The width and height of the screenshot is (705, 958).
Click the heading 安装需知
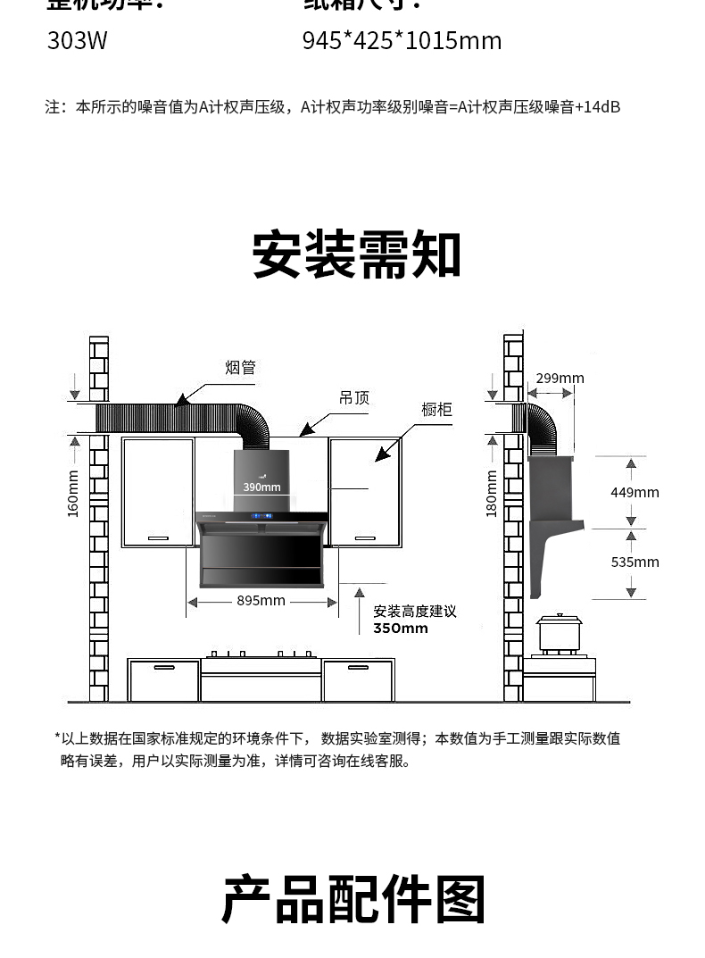click(x=356, y=255)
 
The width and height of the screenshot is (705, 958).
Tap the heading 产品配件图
click(x=353, y=899)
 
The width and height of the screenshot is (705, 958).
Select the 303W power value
click(x=77, y=41)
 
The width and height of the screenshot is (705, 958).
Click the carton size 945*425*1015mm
click(x=402, y=41)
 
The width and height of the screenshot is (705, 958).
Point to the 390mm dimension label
click(x=262, y=487)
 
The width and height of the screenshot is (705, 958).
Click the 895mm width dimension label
click(x=261, y=601)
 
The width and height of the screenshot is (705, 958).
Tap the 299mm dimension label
click(x=560, y=379)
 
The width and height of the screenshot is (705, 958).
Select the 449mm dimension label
click(x=634, y=492)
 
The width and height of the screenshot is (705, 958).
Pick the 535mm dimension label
click(x=634, y=562)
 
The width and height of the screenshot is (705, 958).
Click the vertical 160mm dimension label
click(x=74, y=493)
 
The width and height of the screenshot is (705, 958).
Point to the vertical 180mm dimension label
click(x=492, y=493)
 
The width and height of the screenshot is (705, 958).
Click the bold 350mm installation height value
click(x=401, y=629)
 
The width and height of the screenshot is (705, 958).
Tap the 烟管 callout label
click(x=240, y=367)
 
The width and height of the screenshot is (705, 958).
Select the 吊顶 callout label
click(x=354, y=398)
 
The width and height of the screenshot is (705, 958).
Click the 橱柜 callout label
click(x=437, y=410)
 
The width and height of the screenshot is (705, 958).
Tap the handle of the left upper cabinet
click(x=158, y=537)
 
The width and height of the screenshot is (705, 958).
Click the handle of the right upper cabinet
click(x=365, y=537)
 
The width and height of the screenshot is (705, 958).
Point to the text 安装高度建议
click(x=415, y=612)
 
